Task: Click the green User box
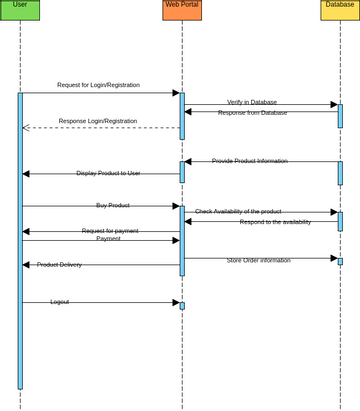(20, 10)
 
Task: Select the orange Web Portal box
(182, 10)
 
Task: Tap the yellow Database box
(340, 10)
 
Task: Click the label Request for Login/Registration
(98, 85)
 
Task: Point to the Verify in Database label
(252, 102)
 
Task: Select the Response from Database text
(252, 113)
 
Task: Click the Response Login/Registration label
(98, 121)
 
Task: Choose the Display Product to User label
(108, 173)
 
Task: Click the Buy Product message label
(113, 205)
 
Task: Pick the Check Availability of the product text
(238, 212)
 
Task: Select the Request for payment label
(110, 231)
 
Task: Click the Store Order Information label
(258, 260)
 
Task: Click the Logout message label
(60, 302)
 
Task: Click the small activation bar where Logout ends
(182, 306)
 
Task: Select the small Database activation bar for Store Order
(340, 261)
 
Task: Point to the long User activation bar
(20, 240)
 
